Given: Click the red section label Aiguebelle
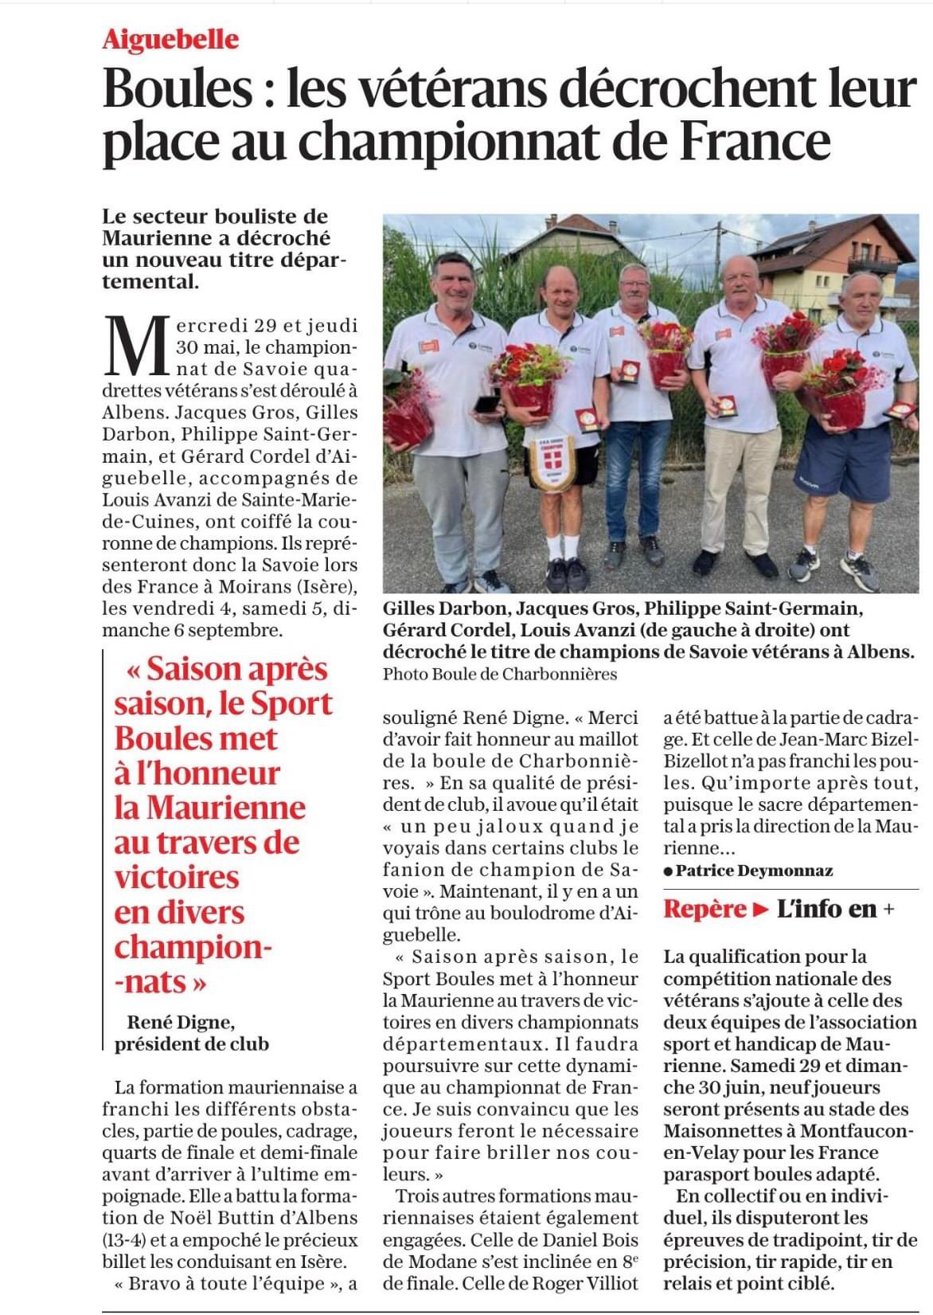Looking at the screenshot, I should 170,40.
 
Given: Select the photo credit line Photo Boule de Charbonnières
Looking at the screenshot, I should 500,674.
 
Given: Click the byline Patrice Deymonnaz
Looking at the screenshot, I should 753,871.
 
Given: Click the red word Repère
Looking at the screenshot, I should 705,909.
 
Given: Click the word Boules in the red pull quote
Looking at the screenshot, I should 195,738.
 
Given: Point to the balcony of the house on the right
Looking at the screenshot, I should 872,264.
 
